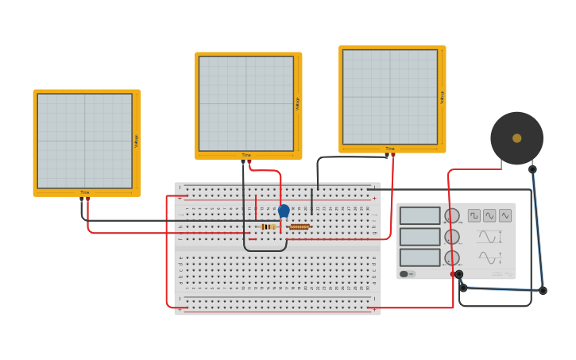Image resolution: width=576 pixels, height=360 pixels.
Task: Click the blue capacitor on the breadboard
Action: coord(284,211)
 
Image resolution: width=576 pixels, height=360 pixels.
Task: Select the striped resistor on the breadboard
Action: coord(269,226)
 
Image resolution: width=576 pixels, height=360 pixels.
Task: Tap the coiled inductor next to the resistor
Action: coord(299,226)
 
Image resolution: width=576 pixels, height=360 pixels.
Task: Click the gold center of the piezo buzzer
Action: coord(517,138)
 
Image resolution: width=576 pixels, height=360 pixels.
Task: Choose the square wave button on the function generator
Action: coord(474,215)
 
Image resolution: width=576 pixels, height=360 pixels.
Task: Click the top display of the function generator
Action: coord(419,216)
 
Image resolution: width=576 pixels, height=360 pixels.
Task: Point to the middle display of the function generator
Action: coord(419,237)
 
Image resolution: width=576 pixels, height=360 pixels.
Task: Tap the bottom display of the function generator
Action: coord(419,257)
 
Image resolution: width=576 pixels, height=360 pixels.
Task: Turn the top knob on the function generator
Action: coord(451,216)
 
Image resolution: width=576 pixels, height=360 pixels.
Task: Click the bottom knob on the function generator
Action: coord(451,257)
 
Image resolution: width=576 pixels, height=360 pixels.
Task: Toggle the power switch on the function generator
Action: coord(404,274)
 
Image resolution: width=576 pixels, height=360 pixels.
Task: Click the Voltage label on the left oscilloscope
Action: coord(137,141)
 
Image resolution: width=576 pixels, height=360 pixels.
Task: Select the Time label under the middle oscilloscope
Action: coord(246,155)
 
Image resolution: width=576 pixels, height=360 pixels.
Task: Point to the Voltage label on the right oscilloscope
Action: coord(442,97)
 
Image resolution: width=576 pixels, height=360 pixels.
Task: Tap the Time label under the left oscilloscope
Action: coord(85,192)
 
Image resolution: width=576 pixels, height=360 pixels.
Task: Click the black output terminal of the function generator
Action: coord(459,274)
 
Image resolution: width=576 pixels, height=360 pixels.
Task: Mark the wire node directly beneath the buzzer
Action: coord(532,169)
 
